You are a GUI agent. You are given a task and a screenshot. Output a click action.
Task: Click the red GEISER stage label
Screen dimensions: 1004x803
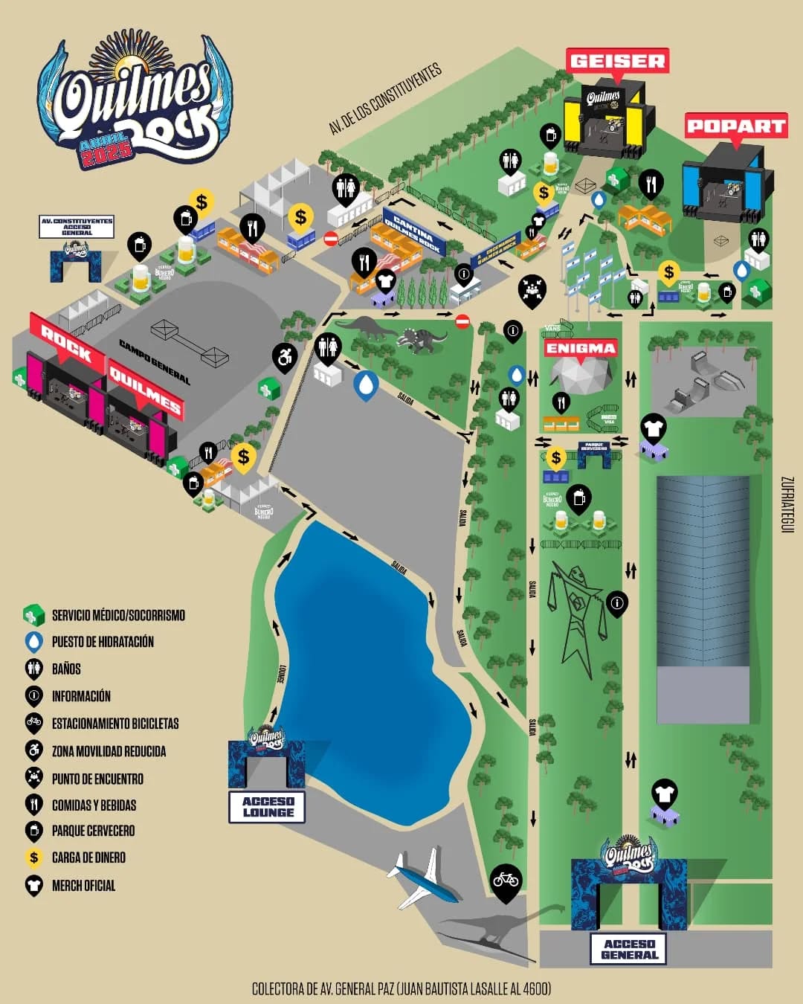[x=617, y=61]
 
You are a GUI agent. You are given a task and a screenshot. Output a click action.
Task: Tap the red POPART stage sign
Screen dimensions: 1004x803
[x=735, y=126]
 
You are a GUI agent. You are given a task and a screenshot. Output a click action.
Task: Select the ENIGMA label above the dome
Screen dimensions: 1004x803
[x=581, y=348]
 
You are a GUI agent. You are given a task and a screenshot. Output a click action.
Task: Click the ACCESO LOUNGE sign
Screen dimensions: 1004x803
[x=268, y=806]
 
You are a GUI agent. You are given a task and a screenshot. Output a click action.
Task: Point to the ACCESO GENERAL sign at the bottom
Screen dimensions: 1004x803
[x=629, y=949]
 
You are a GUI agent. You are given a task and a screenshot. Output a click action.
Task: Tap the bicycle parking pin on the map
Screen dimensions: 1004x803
[x=506, y=881]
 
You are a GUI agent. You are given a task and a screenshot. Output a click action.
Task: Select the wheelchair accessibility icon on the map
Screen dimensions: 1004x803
[x=285, y=358]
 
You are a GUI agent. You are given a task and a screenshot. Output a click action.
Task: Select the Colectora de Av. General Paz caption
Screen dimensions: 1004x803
[x=401, y=988]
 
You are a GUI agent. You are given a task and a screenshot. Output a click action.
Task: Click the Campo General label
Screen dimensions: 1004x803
[x=155, y=362]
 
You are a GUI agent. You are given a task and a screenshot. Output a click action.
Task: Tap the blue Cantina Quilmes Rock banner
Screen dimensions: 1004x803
[x=413, y=231]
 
